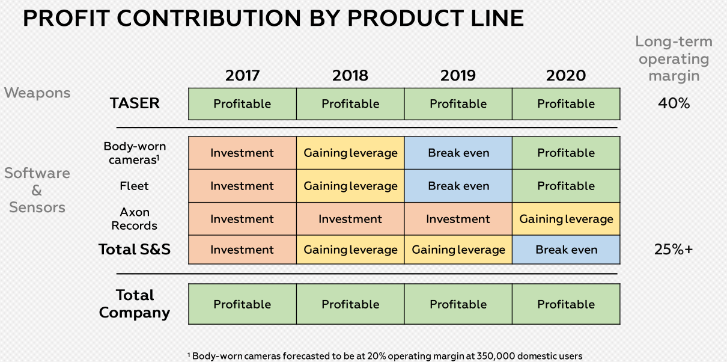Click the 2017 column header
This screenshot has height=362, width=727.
(242, 75)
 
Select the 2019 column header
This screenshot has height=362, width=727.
(458, 75)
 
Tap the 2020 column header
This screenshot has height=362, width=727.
(565, 75)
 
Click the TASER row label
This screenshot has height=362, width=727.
(135, 103)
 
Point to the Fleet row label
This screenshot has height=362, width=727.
(135, 186)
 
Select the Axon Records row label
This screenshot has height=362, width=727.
(135, 219)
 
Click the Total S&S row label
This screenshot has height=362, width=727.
(135, 250)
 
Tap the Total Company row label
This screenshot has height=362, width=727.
(135, 304)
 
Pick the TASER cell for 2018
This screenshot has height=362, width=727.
(350, 104)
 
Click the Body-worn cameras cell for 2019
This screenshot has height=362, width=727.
(458, 153)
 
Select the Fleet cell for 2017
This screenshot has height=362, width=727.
(242, 186)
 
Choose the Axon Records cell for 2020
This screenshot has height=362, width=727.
(566, 219)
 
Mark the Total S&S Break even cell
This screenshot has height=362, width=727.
(566, 250)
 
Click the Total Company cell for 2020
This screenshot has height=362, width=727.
(566, 304)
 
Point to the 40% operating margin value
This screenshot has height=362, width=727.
(674, 103)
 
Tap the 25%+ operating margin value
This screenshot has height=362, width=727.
(674, 250)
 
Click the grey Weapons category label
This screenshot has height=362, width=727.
(37, 93)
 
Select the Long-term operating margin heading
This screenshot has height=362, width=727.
(674, 59)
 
